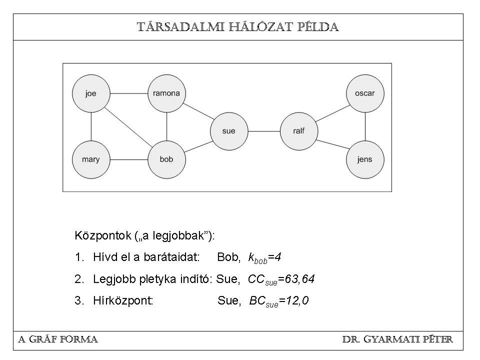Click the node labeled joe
tap(91, 93)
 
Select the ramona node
tap(167, 93)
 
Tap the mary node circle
tap(91, 160)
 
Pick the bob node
tap(167, 160)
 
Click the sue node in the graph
tap(229, 131)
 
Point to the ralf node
tap(299, 131)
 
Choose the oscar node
tap(365, 93)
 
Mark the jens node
tap(365, 160)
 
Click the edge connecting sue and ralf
tap(264, 131)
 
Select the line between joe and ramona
tap(129, 93)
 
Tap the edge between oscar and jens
tap(365, 126)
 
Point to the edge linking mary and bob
tap(129, 160)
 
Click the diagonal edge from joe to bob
tap(129, 126)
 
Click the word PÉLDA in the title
tap(317, 27)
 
